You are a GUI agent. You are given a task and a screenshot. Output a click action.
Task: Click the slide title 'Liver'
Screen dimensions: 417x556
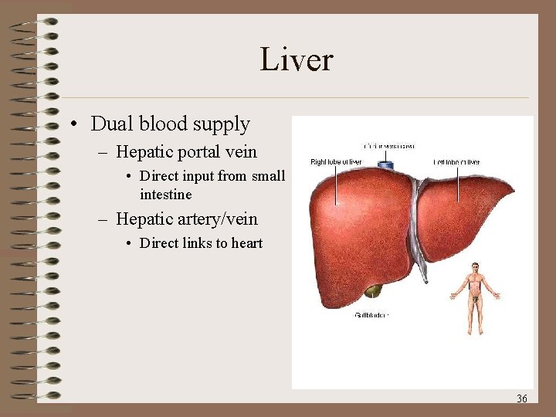click(296, 60)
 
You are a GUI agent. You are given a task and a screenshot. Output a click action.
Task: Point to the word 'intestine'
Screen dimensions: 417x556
click(165, 194)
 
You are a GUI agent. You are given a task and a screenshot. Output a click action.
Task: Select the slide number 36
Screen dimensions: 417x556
click(522, 398)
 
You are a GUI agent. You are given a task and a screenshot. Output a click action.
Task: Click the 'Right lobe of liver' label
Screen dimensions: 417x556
click(336, 162)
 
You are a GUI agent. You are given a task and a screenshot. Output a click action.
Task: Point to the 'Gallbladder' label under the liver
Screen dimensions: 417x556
click(371, 315)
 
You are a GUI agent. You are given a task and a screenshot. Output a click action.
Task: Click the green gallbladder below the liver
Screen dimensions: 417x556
click(373, 291)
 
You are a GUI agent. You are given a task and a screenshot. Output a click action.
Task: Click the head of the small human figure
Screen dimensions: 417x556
click(476, 268)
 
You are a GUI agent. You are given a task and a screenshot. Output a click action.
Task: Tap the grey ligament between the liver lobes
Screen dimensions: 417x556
click(418, 224)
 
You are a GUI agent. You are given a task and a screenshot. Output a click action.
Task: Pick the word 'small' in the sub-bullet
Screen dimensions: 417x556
click(267, 176)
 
